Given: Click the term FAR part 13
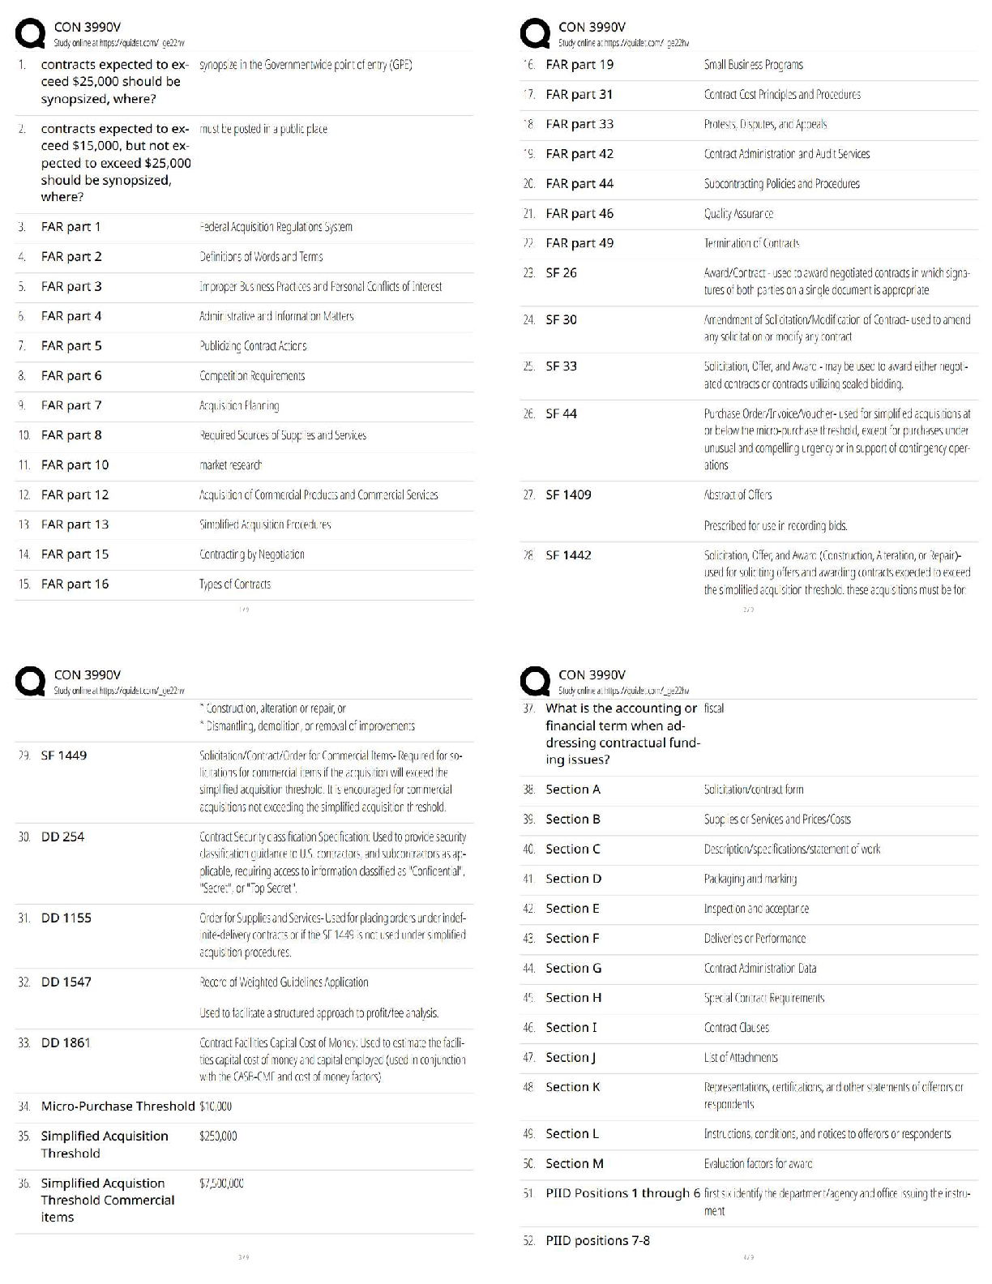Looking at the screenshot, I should tap(75, 524).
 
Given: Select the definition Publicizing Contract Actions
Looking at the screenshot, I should tap(253, 346).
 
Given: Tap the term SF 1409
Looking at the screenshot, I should tap(568, 494).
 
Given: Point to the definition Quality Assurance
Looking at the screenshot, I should tap(738, 214).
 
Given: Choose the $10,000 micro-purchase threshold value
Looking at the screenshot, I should tap(216, 1106).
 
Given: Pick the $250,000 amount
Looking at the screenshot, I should tap(218, 1136).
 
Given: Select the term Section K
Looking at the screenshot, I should tap(572, 1087).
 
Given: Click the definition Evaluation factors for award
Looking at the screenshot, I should tap(758, 1164).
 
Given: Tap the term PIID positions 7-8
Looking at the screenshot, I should tap(597, 1240).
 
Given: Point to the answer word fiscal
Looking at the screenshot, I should tap(714, 708).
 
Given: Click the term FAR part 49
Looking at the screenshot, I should tap(579, 243).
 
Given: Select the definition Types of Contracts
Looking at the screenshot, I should tap(235, 584).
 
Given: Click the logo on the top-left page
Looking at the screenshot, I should tap(31, 34).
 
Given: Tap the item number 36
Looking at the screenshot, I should tap(24, 1183).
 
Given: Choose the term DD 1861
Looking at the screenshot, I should tap(66, 1042).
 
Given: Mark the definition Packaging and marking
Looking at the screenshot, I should tap(750, 879).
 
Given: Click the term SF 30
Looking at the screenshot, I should tap(561, 319).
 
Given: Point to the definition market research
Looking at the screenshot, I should tap(231, 465).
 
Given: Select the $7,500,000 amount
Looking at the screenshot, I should tap(221, 1183).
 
